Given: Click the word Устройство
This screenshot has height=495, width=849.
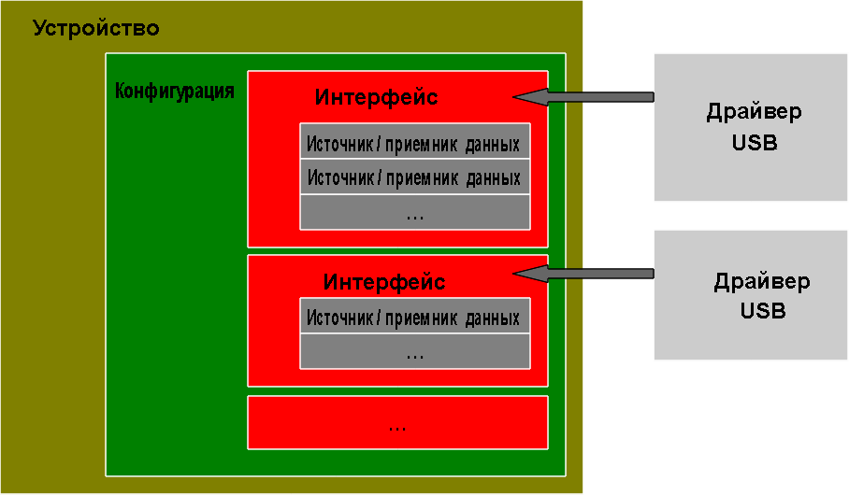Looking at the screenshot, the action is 96,29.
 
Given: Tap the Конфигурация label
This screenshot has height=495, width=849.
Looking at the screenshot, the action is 174,91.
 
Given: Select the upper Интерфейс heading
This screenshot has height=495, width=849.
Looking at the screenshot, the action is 376,98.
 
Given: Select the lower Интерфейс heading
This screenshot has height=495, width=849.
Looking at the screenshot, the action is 384,282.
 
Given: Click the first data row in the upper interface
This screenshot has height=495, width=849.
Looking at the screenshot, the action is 415,141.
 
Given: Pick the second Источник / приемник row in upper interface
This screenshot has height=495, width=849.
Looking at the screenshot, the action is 415,177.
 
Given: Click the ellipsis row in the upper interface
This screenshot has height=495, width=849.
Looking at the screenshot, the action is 415,212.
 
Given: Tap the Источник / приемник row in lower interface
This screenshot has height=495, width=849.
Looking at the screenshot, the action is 415,316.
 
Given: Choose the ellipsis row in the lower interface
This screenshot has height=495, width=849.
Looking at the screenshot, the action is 415,351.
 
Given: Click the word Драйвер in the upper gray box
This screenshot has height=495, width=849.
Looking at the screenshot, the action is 754,112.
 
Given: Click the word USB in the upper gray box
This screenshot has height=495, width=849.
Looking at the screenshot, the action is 755,143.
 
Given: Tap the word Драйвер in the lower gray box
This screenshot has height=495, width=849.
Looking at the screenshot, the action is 762,282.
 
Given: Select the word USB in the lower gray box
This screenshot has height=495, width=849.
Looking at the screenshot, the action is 762,311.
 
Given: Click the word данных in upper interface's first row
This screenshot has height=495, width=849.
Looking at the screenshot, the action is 492,145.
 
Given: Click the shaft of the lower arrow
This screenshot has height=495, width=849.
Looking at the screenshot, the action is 601,274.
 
